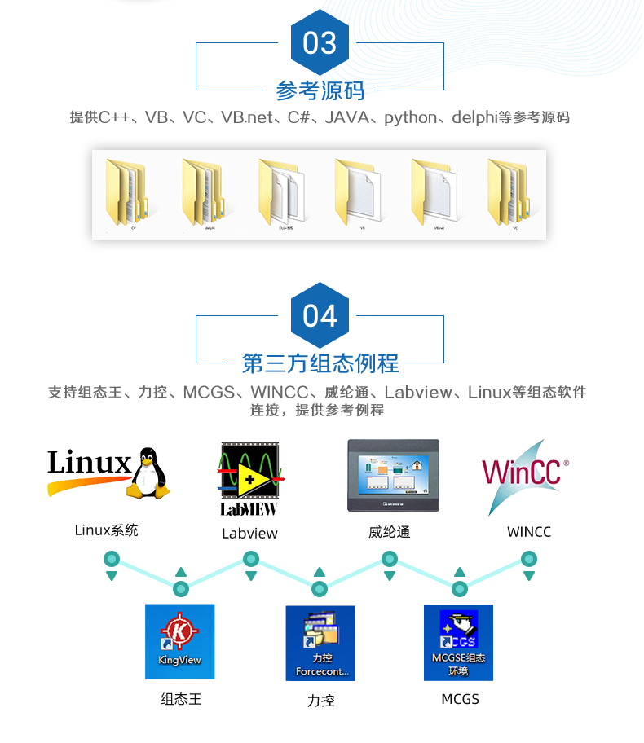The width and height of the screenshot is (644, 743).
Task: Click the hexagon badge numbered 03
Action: (320, 42)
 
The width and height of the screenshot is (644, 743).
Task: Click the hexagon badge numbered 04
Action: (320, 315)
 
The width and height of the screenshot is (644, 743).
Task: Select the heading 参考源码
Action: (320, 90)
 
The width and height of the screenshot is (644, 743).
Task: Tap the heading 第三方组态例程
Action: (320, 363)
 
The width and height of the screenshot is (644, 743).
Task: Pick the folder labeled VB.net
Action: (435, 193)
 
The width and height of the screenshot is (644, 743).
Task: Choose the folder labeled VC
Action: (512, 193)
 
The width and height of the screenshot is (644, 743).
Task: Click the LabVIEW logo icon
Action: (249, 478)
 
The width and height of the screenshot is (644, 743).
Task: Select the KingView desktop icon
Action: (179, 641)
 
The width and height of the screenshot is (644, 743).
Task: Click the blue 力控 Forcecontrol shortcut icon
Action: (321, 643)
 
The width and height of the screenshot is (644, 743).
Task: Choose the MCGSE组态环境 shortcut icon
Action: (458, 643)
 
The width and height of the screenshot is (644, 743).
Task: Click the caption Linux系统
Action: (107, 530)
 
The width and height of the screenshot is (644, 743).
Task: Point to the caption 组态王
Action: (180, 699)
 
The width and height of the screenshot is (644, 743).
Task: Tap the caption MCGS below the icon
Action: (460, 699)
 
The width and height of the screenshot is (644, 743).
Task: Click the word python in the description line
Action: (411, 117)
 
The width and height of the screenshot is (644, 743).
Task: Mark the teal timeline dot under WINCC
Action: (529, 559)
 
